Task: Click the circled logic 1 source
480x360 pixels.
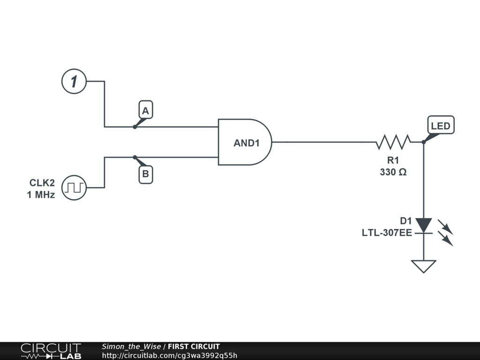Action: [x=74, y=81]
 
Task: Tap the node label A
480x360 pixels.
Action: [x=145, y=111]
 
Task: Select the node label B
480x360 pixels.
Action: [x=145, y=175]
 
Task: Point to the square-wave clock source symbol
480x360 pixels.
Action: [x=74, y=187]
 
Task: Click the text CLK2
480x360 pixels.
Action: [x=42, y=183]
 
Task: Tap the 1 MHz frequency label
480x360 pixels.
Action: [x=41, y=195]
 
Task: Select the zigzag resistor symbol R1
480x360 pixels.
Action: [x=393, y=142]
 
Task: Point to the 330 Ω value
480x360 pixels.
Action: [x=393, y=172]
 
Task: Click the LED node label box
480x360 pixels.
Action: [x=441, y=126]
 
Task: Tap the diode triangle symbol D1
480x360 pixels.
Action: [x=423, y=225]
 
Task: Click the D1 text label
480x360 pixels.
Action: [x=405, y=221]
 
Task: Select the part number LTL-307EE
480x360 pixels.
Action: [x=387, y=232]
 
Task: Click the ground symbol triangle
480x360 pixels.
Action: [x=423, y=266]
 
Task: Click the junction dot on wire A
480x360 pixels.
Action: [x=135, y=127]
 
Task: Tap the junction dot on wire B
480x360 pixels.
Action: [x=135, y=157]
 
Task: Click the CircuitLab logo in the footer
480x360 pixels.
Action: [x=51, y=351]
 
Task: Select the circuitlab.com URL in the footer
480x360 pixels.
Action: [x=169, y=355]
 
